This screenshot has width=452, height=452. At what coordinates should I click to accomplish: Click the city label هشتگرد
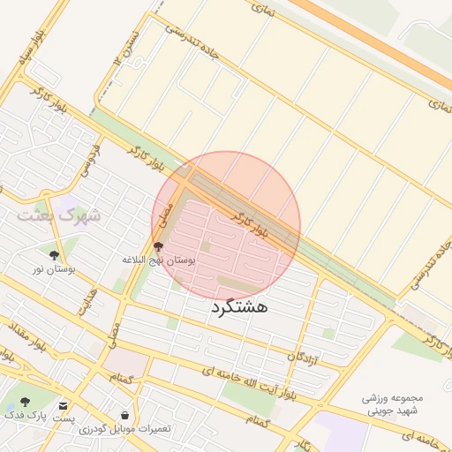point(238,307)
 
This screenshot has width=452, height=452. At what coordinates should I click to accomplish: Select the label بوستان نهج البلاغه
point(159,261)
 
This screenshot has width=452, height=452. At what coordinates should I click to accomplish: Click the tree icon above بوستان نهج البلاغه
point(159,247)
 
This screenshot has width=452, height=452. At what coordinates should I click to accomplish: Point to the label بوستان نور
point(54,267)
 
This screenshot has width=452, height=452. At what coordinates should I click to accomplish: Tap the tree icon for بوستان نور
point(67,254)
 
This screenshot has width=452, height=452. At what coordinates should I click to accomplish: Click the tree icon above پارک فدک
point(24,401)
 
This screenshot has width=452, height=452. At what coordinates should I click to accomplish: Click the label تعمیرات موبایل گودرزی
point(124,429)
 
